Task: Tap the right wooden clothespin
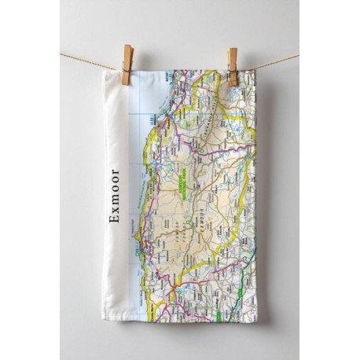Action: click(x=232, y=66)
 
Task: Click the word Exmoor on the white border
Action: click(x=115, y=196)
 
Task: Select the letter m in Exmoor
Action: click(x=115, y=202)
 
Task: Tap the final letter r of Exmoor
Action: click(x=115, y=172)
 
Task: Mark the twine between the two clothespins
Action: click(x=181, y=69)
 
